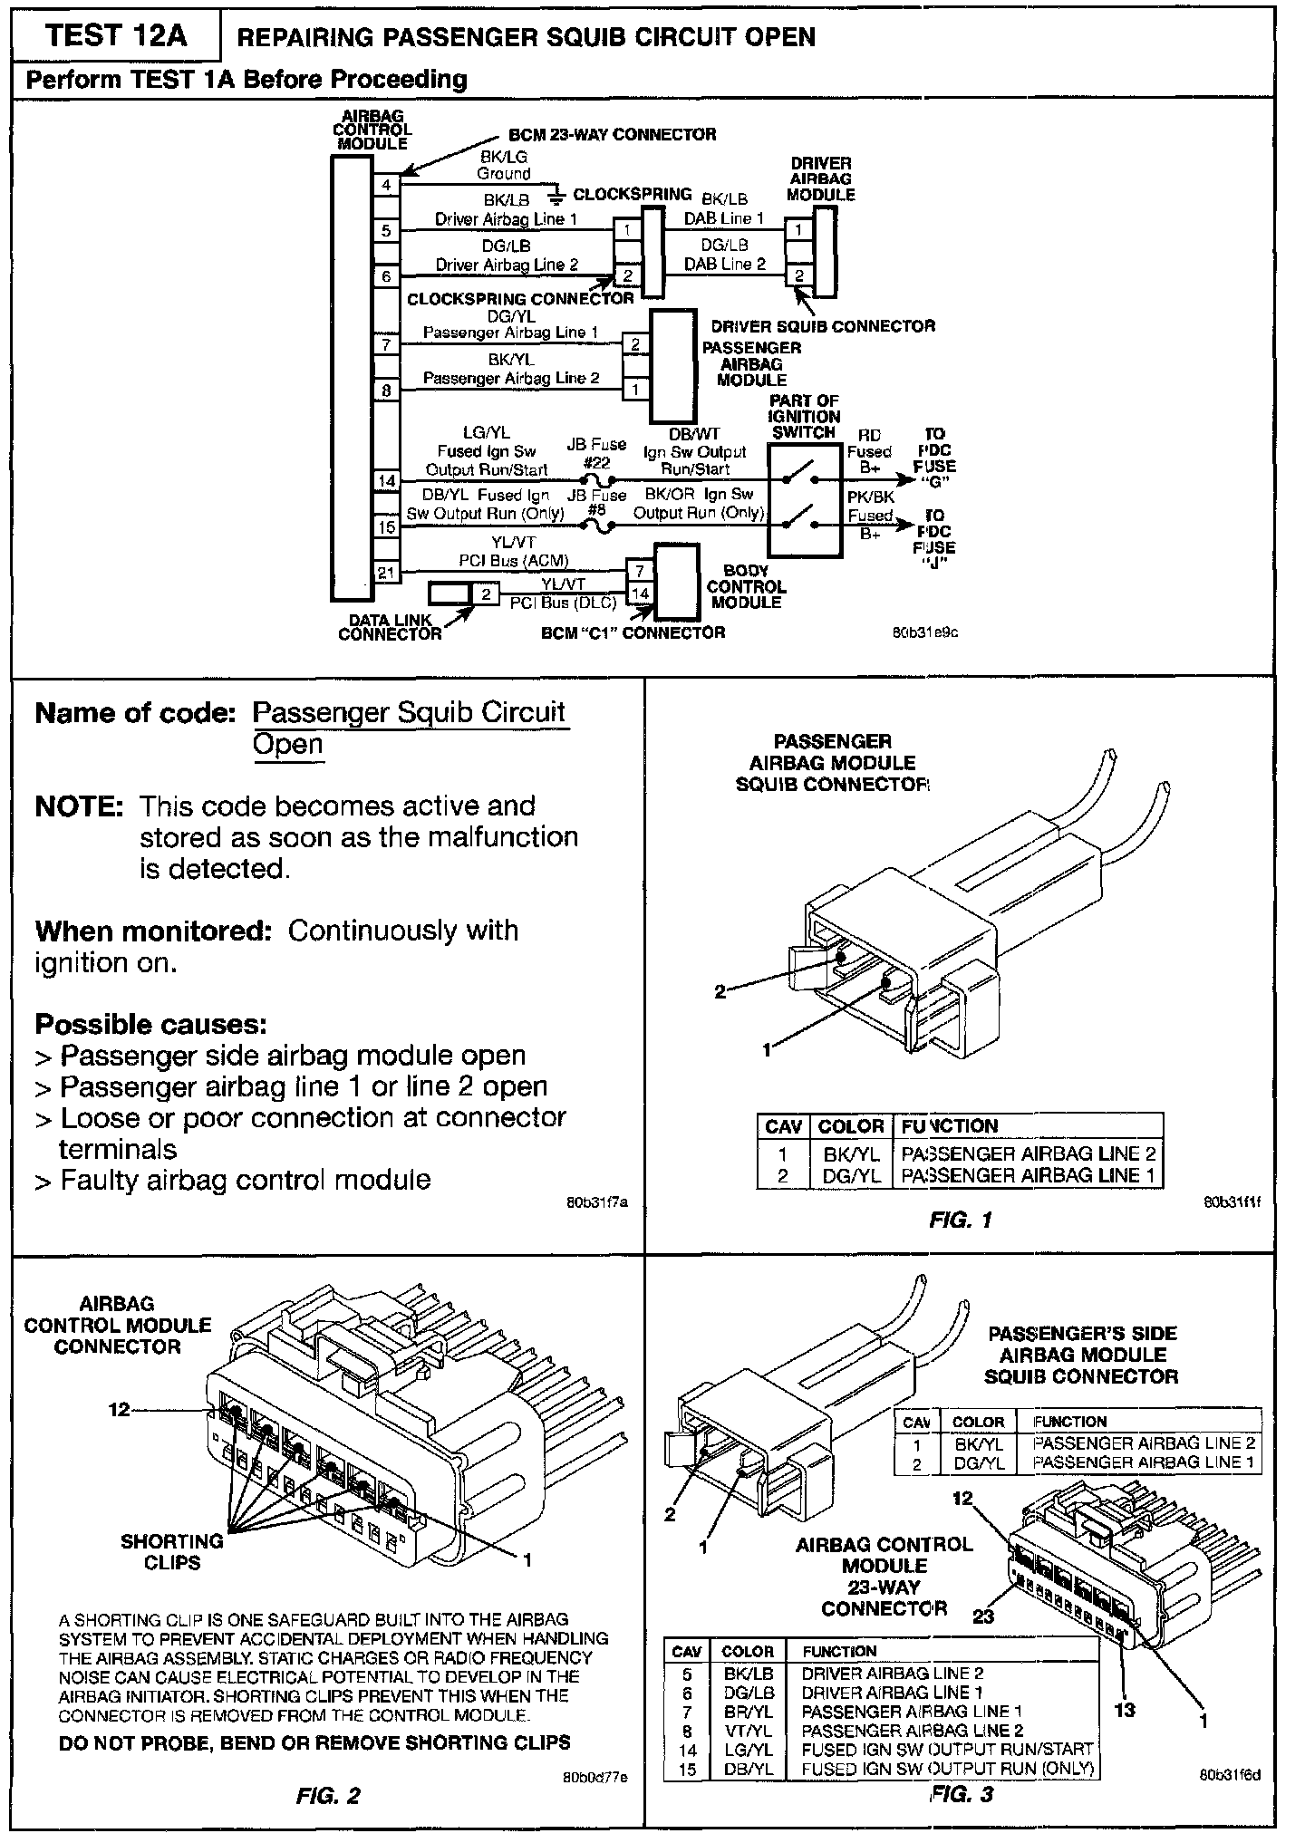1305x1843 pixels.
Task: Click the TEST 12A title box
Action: pyautogui.click(x=115, y=36)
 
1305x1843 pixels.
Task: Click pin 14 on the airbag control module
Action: pyautogui.click(x=387, y=480)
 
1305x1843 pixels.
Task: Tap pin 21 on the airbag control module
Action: pyautogui.click(x=387, y=572)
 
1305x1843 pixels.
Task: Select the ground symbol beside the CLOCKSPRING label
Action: pyautogui.click(x=556, y=195)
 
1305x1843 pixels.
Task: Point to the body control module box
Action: pyautogui.click(x=677, y=581)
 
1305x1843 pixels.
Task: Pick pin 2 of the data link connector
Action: pyautogui.click(x=486, y=594)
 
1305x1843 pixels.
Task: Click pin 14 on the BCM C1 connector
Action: pyautogui.click(x=641, y=593)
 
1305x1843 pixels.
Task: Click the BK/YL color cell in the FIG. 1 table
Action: pyautogui.click(x=851, y=1154)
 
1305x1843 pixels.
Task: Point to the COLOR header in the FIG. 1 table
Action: pyautogui.click(x=851, y=1126)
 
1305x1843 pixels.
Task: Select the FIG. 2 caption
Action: pyautogui.click(x=328, y=1795)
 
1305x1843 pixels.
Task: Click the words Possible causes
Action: pyautogui.click(x=150, y=1025)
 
